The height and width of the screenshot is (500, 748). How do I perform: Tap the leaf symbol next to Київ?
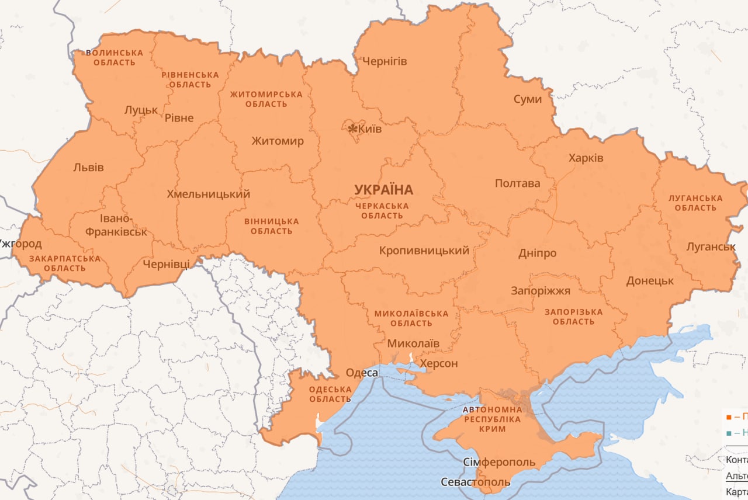coord(352,129)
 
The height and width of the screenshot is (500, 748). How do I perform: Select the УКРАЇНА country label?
coord(383,190)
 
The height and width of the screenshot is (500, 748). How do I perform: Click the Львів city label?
coord(88,168)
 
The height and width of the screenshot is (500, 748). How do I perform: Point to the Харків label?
coord(586,158)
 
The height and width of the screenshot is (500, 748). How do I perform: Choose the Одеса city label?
coord(362,373)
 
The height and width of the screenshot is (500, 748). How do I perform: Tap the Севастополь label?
coord(475,482)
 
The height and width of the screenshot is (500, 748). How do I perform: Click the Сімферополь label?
coord(499,463)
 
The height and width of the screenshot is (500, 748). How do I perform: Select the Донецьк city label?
coord(650,281)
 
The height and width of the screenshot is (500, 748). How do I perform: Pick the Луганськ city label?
coord(711,246)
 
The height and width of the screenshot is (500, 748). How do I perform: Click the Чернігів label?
coord(385,61)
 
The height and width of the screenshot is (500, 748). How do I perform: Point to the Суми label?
coord(528,99)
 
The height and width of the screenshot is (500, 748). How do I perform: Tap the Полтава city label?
coord(517,183)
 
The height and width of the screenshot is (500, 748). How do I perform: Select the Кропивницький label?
coord(424,251)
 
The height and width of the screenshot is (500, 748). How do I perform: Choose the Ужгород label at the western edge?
coord(20,244)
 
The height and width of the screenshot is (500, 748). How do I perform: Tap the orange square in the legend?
coord(728,417)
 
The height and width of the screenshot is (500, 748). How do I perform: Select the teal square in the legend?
coord(728,433)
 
